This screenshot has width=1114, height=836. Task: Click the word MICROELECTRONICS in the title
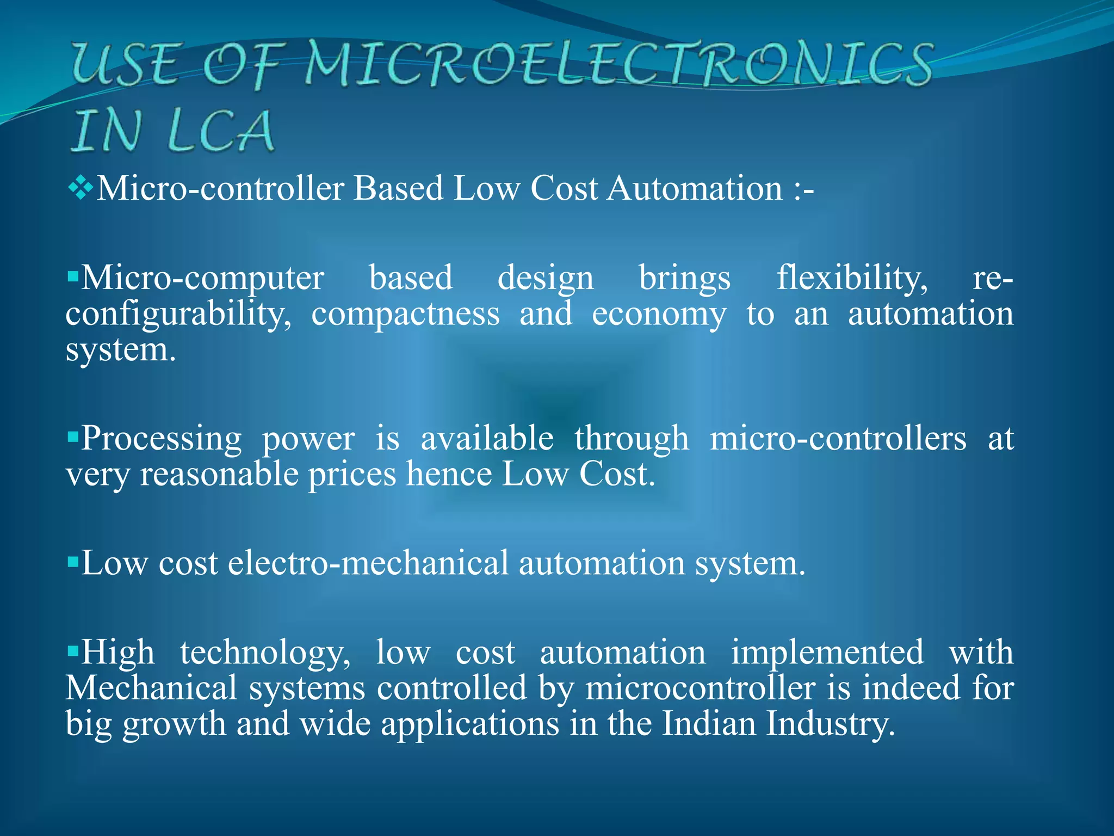617,65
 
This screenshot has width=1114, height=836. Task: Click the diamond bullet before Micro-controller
81,189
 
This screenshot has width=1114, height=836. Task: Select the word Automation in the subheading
695,189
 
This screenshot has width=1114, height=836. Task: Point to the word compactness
405,315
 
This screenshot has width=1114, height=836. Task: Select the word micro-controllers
838,439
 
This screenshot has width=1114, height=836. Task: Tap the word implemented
827,653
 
